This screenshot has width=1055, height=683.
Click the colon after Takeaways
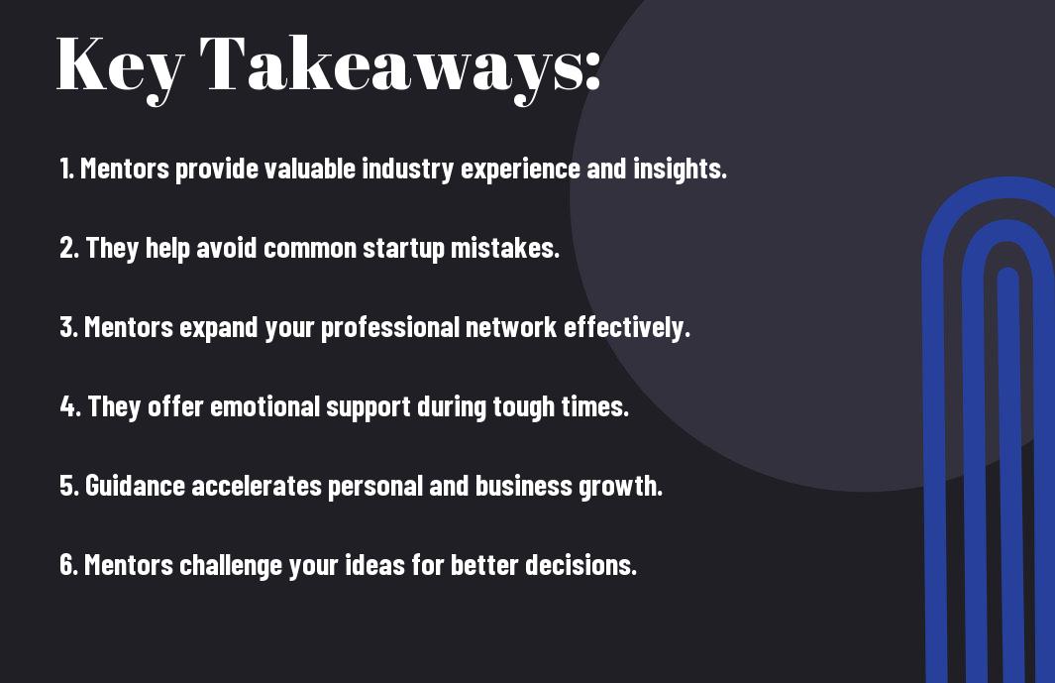tap(592, 70)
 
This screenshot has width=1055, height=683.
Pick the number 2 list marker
tap(68, 248)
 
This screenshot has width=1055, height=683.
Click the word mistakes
tap(504, 248)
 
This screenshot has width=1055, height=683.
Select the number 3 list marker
tap(68, 327)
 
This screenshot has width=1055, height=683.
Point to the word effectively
tap(627, 327)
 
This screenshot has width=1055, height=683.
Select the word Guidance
tap(136, 486)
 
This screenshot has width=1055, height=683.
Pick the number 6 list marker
tap(68, 565)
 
